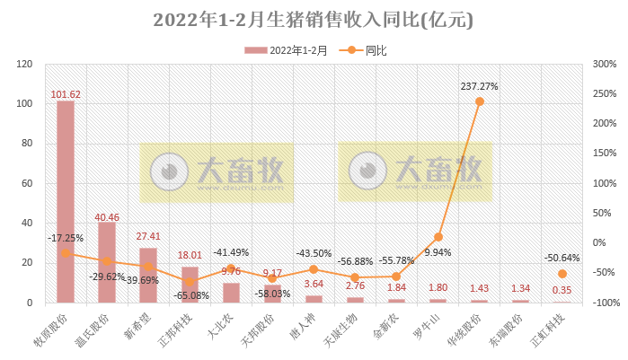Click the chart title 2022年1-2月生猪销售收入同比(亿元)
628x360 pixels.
coord(314,20)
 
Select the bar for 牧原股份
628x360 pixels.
coord(66,201)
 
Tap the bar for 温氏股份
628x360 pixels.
coord(107,262)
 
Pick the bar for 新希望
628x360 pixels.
coord(148,275)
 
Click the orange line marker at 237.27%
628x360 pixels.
coord(479,101)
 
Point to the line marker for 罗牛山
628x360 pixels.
coord(438,237)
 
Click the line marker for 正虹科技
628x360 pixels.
coord(562,273)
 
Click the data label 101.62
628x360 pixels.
coord(66,93)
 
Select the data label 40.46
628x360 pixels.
coord(107,216)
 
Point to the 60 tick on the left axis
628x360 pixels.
coord(25,183)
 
